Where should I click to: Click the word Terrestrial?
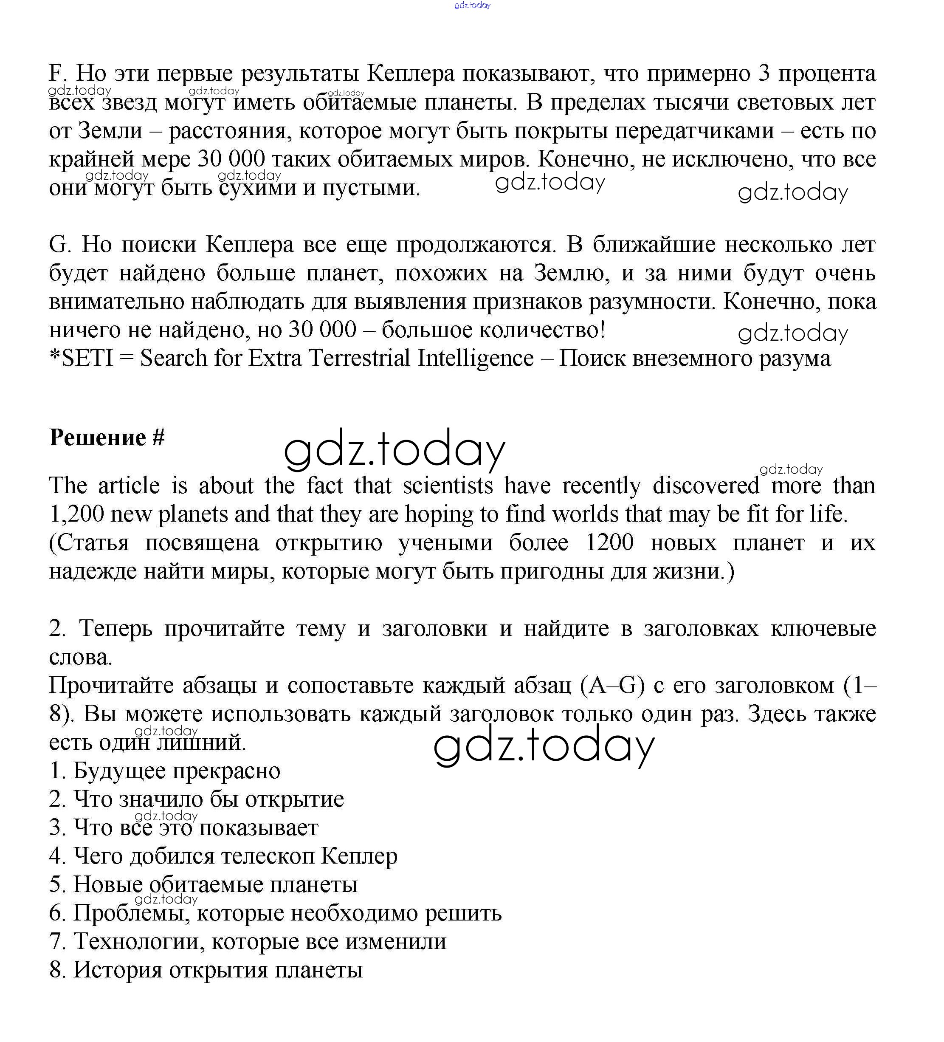pos(359,358)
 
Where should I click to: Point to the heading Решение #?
pos(107,437)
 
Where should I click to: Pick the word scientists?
pos(448,486)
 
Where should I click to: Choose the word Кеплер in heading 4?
pos(358,856)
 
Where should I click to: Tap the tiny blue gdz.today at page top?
pos(472,5)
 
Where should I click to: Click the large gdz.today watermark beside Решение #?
pos(394,450)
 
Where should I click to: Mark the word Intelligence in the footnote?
pos(475,358)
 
